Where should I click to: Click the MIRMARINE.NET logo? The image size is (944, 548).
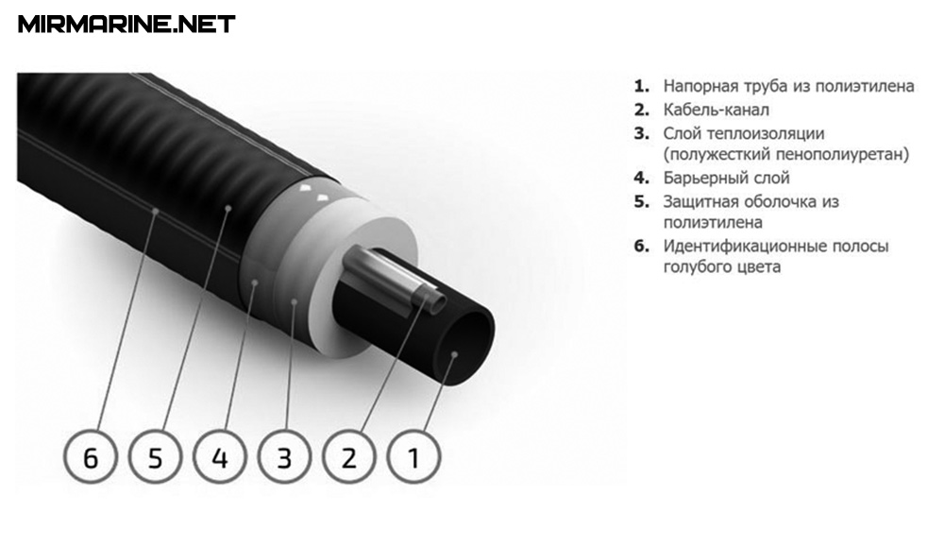[126, 25]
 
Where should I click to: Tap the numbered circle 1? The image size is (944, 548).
[413, 457]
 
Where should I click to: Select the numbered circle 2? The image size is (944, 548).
[349, 457]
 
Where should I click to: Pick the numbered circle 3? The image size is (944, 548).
[285, 457]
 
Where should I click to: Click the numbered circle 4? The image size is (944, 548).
[220, 457]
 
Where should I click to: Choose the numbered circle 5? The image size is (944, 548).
[156, 457]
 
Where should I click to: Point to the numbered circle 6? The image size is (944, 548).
[91, 457]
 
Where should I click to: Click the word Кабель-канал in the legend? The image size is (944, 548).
[716, 110]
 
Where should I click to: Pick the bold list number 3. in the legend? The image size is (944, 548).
[642, 133]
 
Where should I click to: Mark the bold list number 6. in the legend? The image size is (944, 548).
[642, 246]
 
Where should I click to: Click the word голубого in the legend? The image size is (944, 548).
[690, 266]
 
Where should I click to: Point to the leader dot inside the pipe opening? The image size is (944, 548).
[455, 354]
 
